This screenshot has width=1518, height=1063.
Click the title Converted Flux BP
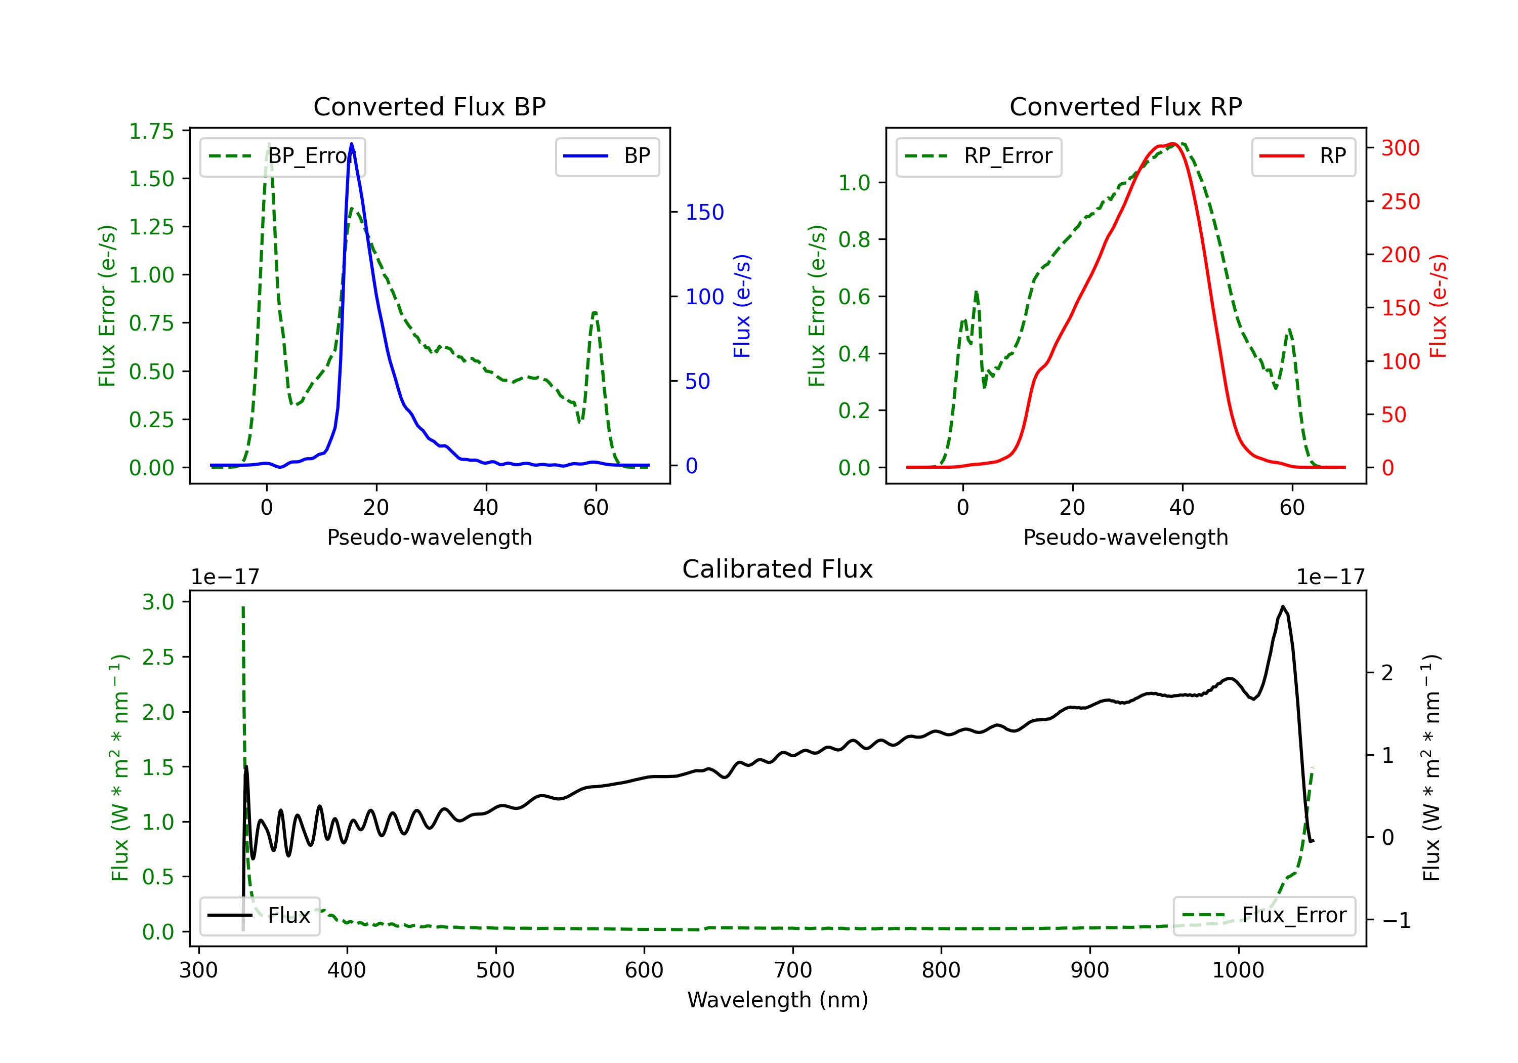click(429, 106)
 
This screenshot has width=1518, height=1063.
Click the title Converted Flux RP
click(1125, 106)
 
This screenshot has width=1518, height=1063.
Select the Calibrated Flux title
click(778, 569)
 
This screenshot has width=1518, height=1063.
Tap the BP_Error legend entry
click(282, 156)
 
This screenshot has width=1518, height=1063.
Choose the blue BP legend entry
click(607, 156)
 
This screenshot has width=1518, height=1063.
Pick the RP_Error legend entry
click(979, 156)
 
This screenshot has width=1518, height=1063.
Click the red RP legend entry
click(1303, 156)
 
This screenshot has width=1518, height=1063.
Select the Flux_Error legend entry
click(1264, 916)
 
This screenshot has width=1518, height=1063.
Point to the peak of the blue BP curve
click(351, 144)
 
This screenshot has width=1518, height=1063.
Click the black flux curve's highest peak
click(1283, 606)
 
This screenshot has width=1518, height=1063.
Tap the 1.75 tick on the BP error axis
click(151, 131)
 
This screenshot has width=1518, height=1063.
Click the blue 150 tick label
click(704, 212)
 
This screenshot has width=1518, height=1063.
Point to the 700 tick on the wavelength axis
click(793, 970)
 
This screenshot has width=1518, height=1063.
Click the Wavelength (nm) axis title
click(778, 1000)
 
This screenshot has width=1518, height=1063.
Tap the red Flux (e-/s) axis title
click(1438, 306)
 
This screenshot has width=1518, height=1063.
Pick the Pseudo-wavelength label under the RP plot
click(1125, 537)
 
